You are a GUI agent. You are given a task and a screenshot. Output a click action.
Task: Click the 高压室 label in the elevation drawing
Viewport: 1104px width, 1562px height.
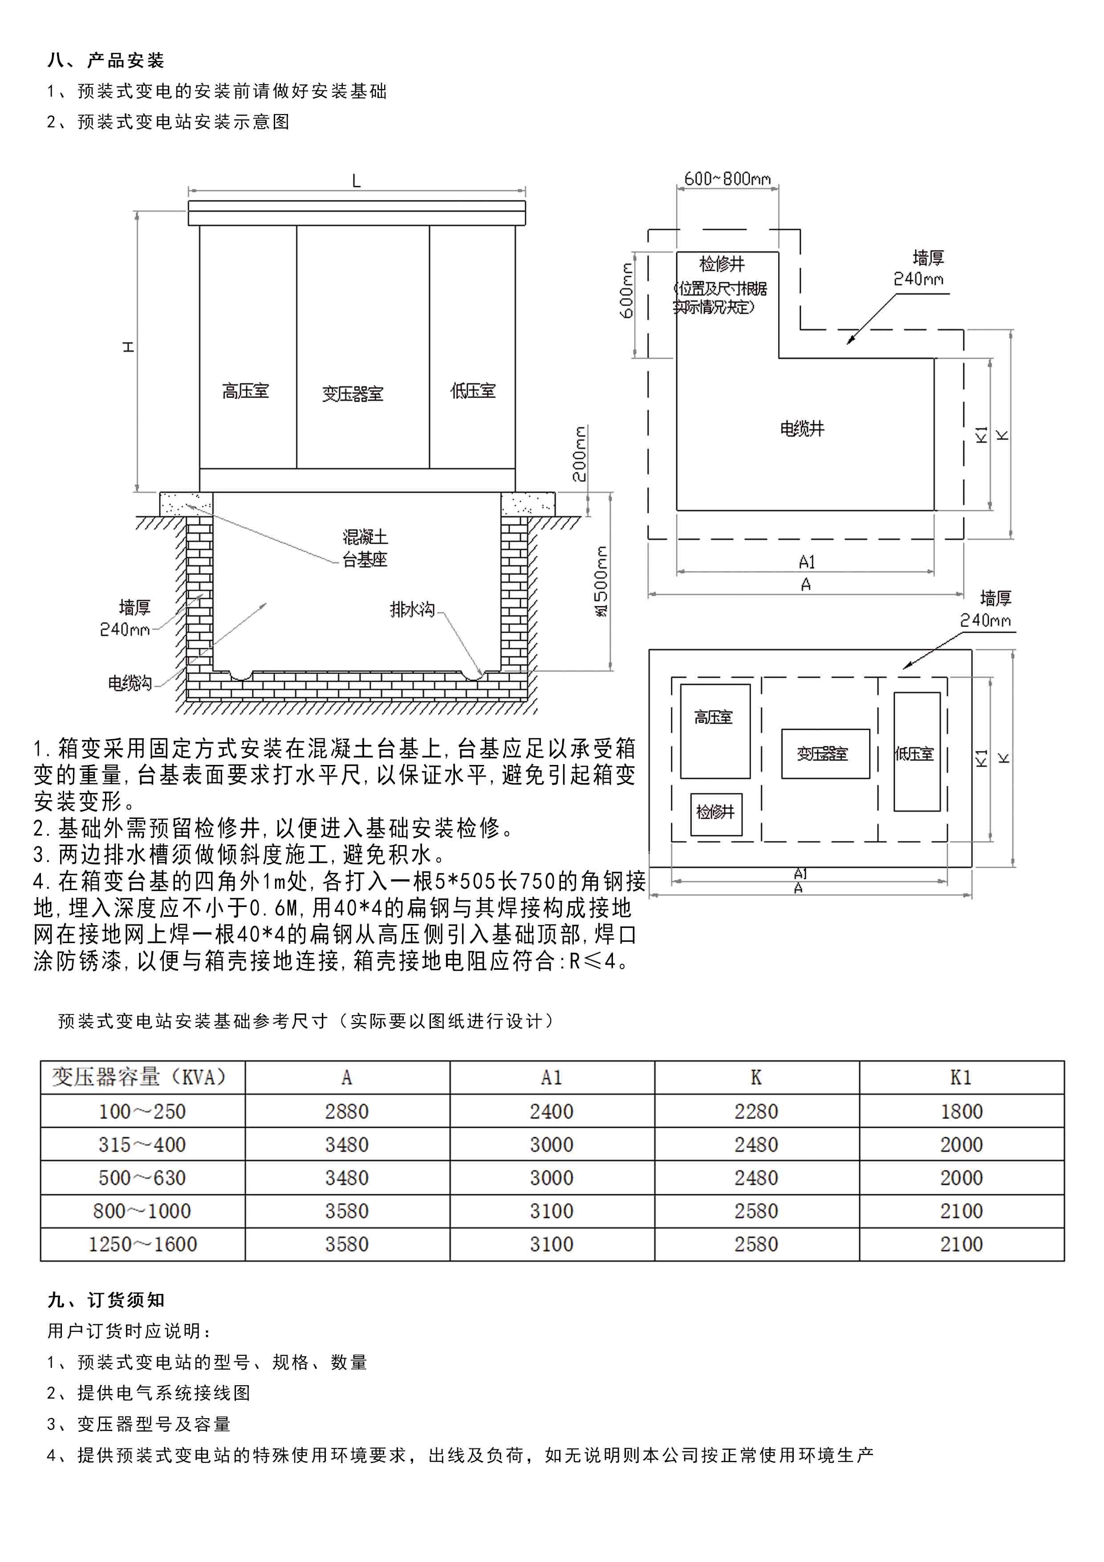(x=246, y=391)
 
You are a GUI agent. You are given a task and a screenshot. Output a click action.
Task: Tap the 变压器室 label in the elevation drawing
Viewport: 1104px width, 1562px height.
(x=353, y=394)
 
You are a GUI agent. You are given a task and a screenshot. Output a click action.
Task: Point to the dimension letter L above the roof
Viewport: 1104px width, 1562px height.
(x=356, y=181)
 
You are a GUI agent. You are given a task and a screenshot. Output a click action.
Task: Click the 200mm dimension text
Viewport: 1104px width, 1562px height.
(x=579, y=454)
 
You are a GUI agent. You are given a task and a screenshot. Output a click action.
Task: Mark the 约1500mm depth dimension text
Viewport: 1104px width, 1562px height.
(x=601, y=582)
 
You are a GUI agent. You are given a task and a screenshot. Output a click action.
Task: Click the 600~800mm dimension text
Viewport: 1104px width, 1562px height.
(x=727, y=179)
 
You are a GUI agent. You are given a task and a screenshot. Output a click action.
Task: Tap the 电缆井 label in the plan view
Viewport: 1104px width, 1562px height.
(x=802, y=429)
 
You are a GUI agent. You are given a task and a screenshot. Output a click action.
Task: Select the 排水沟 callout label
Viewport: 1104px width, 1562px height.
(x=412, y=609)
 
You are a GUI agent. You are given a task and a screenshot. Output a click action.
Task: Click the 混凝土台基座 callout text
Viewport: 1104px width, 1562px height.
(x=365, y=548)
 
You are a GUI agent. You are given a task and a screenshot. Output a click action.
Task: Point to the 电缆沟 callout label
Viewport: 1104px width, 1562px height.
(x=130, y=682)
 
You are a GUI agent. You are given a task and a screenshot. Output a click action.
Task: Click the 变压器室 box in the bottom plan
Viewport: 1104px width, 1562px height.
(x=825, y=754)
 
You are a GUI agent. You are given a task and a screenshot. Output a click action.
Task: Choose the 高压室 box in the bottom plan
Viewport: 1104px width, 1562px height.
(x=715, y=731)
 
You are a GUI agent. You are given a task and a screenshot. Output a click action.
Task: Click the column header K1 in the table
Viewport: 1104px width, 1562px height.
(x=961, y=1078)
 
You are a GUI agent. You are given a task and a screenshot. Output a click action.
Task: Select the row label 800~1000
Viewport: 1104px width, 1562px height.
(x=142, y=1211)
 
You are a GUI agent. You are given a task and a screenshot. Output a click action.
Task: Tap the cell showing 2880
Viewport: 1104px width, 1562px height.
(x=347, y=1112)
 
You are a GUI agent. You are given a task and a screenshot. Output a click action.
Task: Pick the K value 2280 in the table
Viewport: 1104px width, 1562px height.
(x=756, y=1112)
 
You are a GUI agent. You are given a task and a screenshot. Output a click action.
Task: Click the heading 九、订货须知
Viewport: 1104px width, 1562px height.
(x=106, y=1300)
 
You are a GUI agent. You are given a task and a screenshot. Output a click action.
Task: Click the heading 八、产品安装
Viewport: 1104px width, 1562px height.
(x=106, y=61)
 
